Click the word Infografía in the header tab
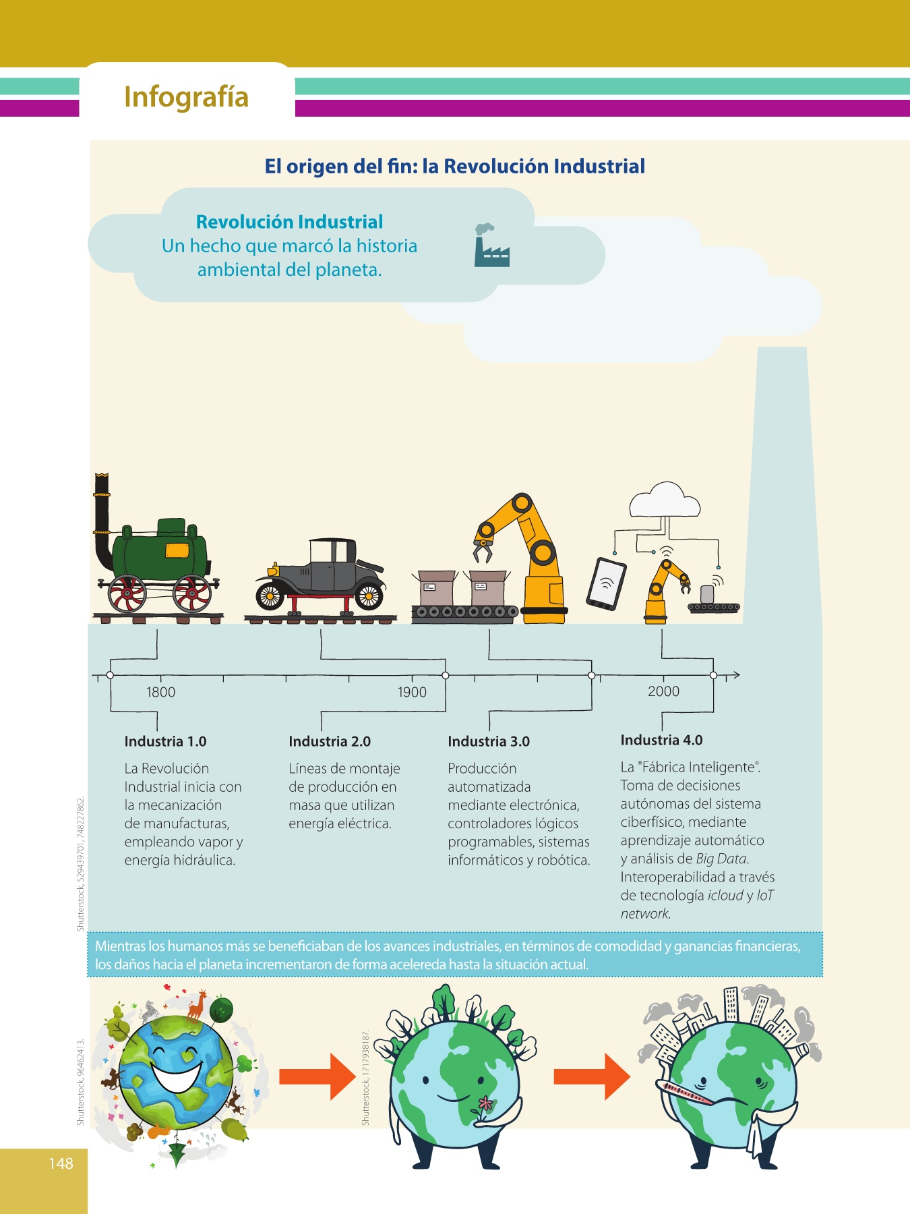click(x=186, y=96)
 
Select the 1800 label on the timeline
click(x=160, y=692)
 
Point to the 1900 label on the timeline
click(x=412, y=692)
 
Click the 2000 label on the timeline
click(x=663, y=691)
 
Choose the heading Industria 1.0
click(x=165, y=741)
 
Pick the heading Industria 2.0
click(x=330, y=741)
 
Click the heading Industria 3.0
click(x=489, y=741)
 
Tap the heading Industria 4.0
click(x=661, y=740)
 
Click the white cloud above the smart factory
click(x=665, y=501)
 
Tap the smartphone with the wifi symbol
click(x=606, y=583)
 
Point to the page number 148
click(x=61, y=1163)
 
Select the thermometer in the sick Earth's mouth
click(x=684, y=1092)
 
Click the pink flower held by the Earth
click(x=485, y=1104)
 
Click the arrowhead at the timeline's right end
click(x=736, y=674)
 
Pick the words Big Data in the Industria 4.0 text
click(x=722, y=859)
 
